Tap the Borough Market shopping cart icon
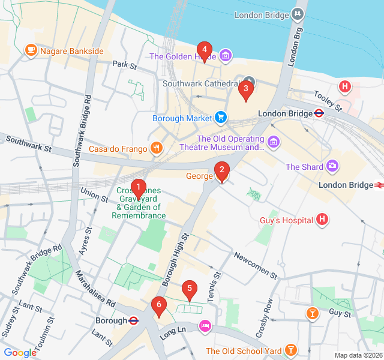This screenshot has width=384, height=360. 221,118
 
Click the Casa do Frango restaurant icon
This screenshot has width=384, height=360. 156,148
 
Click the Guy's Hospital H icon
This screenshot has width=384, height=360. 322,220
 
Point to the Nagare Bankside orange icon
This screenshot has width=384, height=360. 30,51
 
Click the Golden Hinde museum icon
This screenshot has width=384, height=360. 225,56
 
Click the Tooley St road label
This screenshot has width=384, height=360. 328,101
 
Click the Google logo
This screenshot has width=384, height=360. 20,353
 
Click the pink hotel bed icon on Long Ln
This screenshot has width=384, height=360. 205,325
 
